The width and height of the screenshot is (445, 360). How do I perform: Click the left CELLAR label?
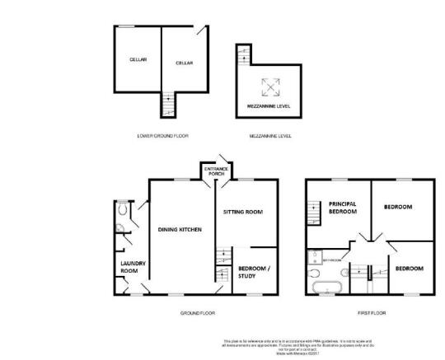click(137, 60)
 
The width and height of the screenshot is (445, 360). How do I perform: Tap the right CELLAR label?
click(184, 63)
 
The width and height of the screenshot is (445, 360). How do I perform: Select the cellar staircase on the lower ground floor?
click(167, 105)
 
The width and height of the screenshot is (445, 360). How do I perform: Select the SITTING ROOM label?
click(243, 212)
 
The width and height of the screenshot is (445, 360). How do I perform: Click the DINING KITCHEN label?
click(180, 230)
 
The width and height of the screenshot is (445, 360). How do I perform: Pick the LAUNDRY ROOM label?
click(133, 266)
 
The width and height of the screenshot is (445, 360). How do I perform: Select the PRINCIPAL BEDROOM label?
click(342, 208)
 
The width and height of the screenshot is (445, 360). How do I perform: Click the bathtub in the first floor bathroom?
click(323, 286)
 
